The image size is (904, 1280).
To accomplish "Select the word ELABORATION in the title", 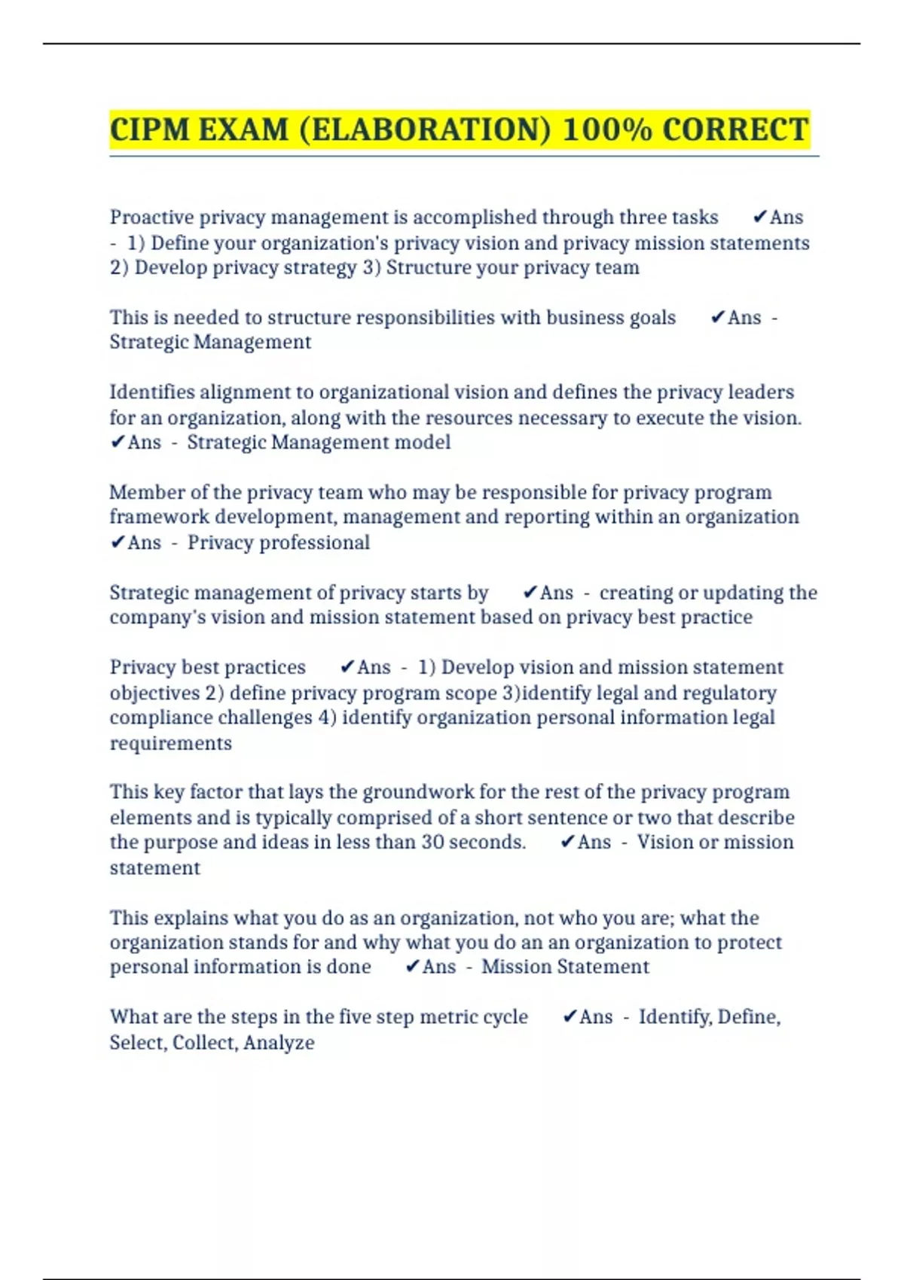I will pos(425,130).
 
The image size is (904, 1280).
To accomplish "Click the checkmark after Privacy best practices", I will pos(347,667).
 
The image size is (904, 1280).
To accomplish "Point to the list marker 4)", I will pos(327,718).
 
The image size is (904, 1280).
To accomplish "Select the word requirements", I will pos(171,743).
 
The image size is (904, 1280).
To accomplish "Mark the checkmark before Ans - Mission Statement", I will pos(412,967).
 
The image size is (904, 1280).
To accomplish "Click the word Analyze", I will pos(279,1043).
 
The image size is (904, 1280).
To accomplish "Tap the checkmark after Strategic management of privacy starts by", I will pos(530,593).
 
